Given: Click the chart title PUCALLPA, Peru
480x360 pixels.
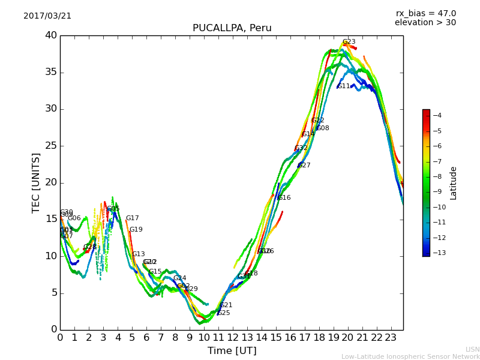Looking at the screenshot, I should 232,28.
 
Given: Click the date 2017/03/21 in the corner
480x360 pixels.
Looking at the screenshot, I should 47,16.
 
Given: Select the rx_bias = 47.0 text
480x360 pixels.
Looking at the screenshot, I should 425,14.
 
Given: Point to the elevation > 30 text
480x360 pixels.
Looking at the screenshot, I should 425,23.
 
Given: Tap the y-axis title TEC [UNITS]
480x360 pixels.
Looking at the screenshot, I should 37,182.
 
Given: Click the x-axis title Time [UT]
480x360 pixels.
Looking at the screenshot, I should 232,351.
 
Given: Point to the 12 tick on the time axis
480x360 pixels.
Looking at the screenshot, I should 232,338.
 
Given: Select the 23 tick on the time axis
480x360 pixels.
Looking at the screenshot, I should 391,338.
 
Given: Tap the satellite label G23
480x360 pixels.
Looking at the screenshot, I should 349,42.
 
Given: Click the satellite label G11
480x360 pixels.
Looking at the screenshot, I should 343,86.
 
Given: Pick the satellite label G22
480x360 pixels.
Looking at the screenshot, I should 317,121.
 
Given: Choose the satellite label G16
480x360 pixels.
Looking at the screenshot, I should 284,198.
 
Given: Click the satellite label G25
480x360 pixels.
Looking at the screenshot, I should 224,313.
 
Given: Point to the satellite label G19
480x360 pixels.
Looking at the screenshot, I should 136,230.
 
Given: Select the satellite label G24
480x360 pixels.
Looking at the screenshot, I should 179,278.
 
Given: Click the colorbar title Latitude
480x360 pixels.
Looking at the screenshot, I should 454,183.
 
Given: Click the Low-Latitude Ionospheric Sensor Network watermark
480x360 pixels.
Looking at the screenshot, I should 410,357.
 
